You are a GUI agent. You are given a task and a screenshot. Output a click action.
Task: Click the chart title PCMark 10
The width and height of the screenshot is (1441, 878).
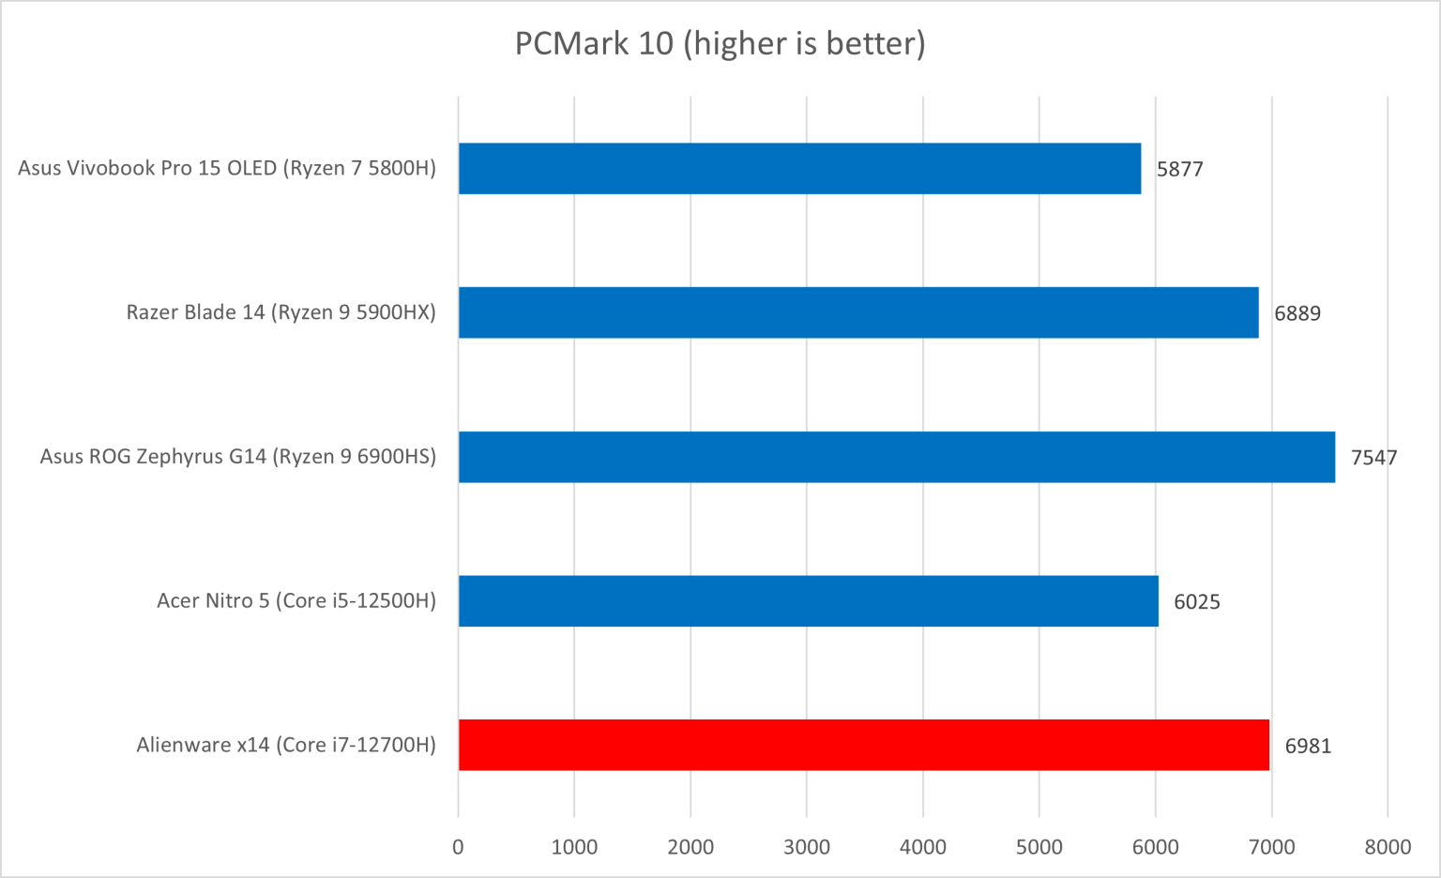(x=720, y=43)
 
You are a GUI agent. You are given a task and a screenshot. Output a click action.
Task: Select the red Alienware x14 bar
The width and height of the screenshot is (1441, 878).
(x=863, y=745)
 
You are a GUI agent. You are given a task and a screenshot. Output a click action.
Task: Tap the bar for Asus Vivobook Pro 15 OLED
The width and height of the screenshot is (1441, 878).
(x=799, y=169)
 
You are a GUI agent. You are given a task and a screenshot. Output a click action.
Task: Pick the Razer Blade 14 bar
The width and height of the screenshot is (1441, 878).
(x=858, y=312)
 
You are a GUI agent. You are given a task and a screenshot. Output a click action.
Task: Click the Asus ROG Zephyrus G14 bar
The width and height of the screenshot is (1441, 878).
(x=896, y=457)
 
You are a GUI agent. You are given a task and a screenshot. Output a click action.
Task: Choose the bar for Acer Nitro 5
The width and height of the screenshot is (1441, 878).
(x=808, y=600)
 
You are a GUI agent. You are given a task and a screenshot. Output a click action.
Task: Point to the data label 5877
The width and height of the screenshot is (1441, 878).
(x=1179, y=170)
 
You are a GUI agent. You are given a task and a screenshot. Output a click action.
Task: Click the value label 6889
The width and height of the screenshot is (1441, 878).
(x=1297, y=313)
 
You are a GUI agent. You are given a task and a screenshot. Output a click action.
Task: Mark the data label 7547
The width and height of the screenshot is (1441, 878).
(x=1373, y=458)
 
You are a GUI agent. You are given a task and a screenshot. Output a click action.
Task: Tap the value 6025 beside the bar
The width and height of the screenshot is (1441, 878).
(x=1196, y=602)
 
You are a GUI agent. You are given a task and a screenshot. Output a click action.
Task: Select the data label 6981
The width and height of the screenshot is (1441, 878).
(x=1308, y=746)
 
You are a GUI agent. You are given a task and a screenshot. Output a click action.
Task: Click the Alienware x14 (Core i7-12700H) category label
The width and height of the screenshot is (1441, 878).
(x=286, y=745)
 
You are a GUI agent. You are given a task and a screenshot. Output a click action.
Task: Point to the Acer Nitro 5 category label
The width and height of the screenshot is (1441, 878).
(x=296, y=600)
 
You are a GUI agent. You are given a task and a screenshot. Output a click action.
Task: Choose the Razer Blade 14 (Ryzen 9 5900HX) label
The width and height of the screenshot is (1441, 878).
(x=281, y=312)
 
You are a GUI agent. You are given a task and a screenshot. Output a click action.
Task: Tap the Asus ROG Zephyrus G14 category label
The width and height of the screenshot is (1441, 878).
(x=238, y=457)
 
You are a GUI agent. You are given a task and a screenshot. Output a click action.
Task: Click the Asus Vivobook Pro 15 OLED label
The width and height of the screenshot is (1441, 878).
(x=227, y=169)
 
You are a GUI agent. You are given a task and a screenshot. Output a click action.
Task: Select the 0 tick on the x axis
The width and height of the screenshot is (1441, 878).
(x=458, y=847)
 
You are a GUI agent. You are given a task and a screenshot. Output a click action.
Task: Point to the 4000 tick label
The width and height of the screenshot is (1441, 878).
(x=922, y=847)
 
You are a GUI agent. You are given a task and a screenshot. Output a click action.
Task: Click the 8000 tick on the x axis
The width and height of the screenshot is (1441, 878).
(x=1388, y=847)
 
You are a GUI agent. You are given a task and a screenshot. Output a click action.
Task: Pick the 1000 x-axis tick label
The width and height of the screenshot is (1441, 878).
(x=574, y=847)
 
